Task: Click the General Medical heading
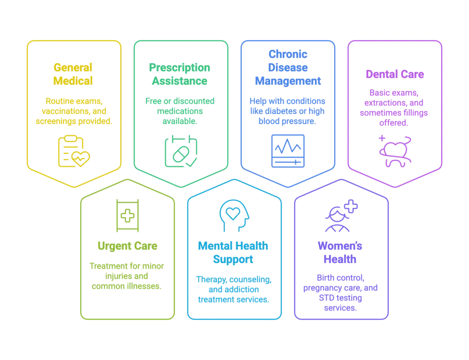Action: pyautogui.click(x=73, y=74)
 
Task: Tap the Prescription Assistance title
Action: pyautogui.click(x=180, y=74)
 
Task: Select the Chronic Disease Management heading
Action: pyautogui.click(x=288, y=68)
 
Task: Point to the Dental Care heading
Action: pyautogui.click(x=395, y=74)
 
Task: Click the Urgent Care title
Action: pyautogui.click(x=127, y=246)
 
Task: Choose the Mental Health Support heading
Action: pyautogui.click(x=233, y=252)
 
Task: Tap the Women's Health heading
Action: pyautogui.click(x=340, y=252)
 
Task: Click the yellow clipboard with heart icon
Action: pyautogui.click(x=74, y=151)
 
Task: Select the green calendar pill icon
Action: pyautogui.click(x=181, y=151)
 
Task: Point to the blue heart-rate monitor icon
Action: pyautogui.click(x=288, y=151)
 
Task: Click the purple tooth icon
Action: pyautogui.click(x=395, y=151)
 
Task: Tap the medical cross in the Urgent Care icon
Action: pyautogui.click(x=127, y=216)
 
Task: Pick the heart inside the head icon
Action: pyautogui.click(x=233, y=213)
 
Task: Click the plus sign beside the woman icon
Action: pyautogui.click(x=351, y=206)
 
